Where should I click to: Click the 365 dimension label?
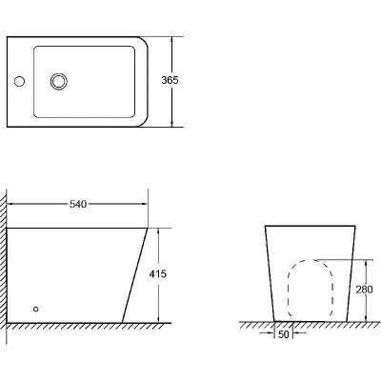[170, 80]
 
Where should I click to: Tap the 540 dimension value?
[78, 204]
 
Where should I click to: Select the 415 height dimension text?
[157, 273]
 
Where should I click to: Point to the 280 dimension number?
[364, 290]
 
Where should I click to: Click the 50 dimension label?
[284, 334]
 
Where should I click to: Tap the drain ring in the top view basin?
[59, 81]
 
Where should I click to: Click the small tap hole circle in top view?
[19, 81]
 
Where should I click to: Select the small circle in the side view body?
[36, 309]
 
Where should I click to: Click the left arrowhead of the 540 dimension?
[10, 204]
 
